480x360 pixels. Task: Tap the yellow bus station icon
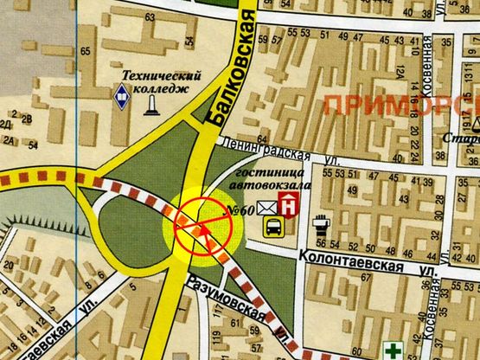tap(272, 227)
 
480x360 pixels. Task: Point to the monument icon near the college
tap(152, 103)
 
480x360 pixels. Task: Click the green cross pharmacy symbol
tap(394, 350)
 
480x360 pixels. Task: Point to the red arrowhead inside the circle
tap(202, 231)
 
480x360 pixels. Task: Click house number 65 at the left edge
tap(86, 51)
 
